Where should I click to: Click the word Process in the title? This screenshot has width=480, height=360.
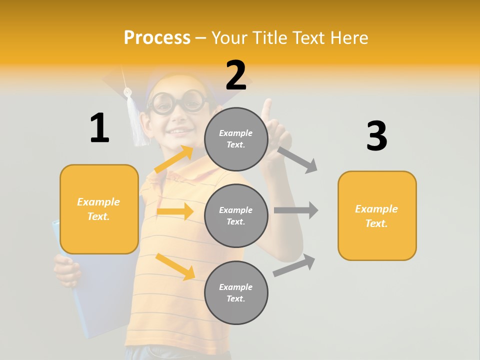(x=157, y=38)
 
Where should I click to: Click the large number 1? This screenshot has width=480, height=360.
(x=99, y=128)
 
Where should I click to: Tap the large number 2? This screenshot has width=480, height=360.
(x=236, y=75)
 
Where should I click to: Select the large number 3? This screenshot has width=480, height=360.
(x=377, y=136)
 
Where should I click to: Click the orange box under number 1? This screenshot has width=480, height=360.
(x=99, y=209)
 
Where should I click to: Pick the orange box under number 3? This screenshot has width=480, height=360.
(x=377, y=215)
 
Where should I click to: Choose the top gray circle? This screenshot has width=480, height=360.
(x=236, y=139)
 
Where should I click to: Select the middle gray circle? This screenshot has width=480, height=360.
(x=236, y=215)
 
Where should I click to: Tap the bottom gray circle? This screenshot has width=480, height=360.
(x=236, y=292)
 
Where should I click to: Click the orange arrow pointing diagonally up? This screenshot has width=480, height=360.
(x=174, y=159)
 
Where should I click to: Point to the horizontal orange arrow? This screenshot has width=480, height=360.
(x=175, y=211)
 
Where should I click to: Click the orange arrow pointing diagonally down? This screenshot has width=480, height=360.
(x=175, y=266)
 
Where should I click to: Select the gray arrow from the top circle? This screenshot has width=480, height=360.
(x=297, y=159)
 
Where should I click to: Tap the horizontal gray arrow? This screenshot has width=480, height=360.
(x=296, y=210)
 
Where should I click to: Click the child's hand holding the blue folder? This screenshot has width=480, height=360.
(x=67, y=270)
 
